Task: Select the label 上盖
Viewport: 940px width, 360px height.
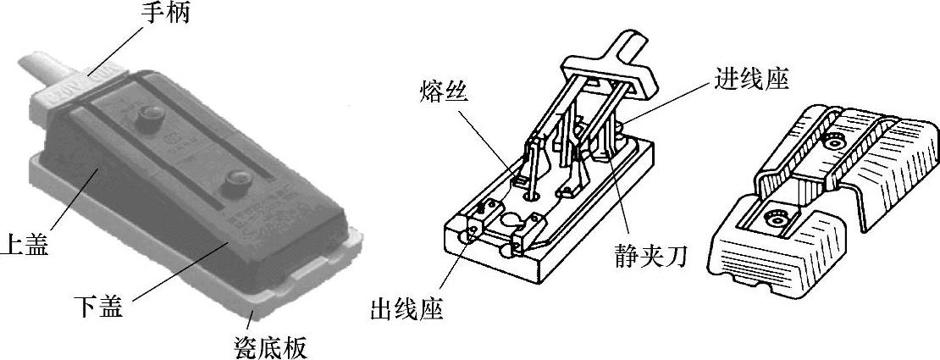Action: tap(25, 245)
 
